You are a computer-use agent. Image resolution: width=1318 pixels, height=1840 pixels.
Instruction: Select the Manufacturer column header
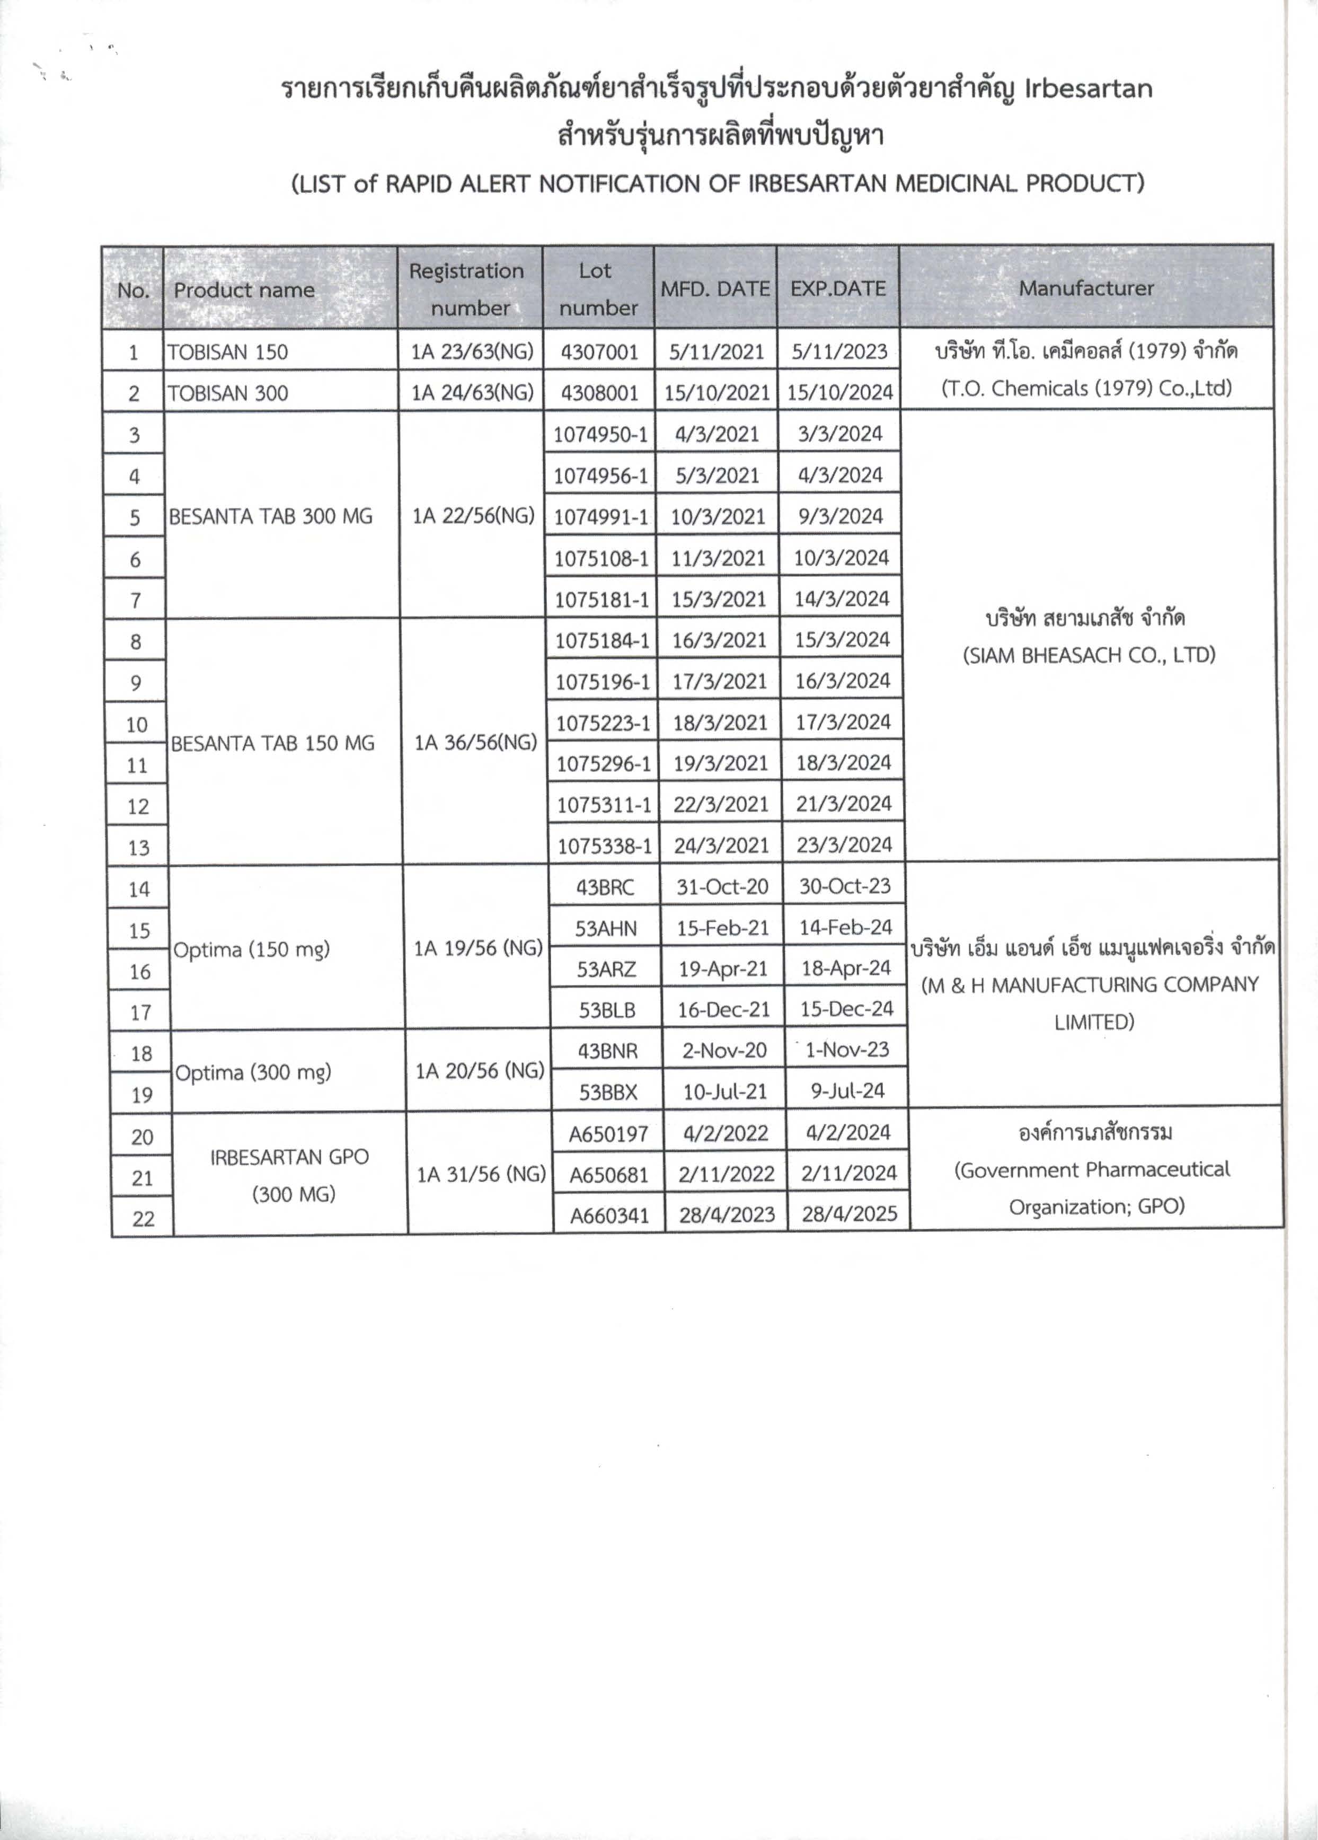1086,288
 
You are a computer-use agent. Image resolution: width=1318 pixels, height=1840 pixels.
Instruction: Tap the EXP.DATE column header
838,288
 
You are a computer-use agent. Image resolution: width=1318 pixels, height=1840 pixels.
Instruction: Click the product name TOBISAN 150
228,352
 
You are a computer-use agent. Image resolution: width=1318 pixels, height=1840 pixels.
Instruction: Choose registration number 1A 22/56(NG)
473,516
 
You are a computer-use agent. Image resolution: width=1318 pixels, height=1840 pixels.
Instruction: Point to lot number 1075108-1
601,558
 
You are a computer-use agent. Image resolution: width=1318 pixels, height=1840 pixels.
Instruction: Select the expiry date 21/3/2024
844,804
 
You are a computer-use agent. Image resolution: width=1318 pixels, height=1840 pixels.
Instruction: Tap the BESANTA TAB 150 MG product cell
272,743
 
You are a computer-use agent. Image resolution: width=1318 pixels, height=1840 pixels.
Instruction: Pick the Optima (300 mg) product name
254,1072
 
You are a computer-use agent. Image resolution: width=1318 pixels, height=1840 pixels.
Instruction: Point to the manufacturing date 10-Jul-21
725,1092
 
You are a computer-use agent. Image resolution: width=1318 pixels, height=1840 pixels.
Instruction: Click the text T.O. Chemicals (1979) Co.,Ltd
1086,389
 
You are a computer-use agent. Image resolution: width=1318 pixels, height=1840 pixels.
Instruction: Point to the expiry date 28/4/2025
849,1214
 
